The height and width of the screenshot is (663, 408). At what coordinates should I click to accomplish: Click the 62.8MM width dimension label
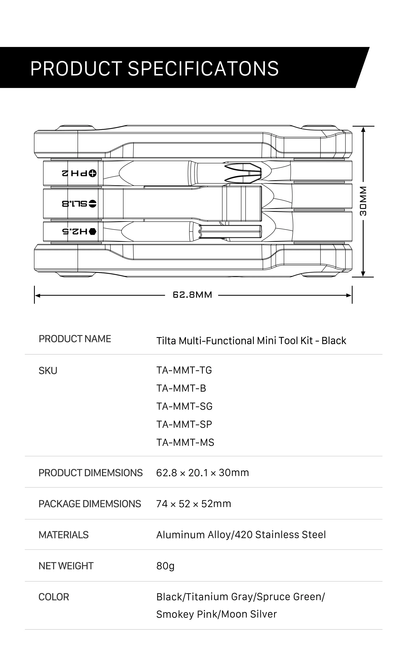click(x=192, y=295)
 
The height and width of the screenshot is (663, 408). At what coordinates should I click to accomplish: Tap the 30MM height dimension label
click(x=363, y=201)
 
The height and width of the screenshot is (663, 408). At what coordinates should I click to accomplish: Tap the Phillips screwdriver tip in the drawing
click(x=243, y=173)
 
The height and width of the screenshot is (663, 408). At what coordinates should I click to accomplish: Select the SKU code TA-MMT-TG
click(x=184, y=370)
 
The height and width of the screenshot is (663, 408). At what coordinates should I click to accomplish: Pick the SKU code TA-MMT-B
click(x=181, y=388)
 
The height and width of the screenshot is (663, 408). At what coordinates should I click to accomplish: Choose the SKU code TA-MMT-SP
click(x=184, y=424)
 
